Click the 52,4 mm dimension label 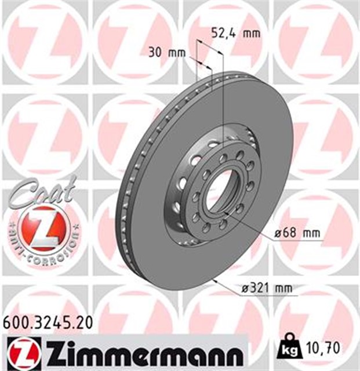coord(235,33)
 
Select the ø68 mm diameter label coord(297,234)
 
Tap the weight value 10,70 coord(325,348)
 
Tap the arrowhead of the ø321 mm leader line coord(216,280)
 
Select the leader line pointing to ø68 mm coord(255,227)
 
